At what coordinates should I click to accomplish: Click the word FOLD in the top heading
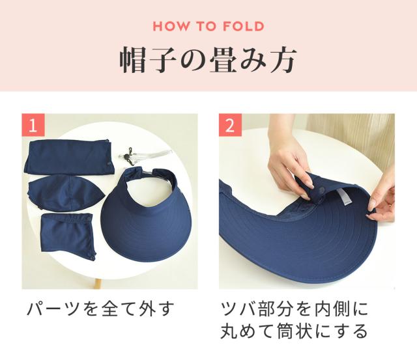243,27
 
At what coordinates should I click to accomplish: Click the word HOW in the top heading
172,27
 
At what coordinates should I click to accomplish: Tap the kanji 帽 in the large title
132,60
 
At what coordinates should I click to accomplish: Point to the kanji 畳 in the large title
223,60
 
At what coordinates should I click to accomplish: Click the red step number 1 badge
33,125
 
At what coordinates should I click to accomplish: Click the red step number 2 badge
230,125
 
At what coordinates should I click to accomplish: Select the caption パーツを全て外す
101,309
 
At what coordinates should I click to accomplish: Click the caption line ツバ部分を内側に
295,309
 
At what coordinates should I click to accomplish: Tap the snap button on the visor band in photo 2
323,189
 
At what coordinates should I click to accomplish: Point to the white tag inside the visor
344,197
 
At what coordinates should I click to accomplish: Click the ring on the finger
389,204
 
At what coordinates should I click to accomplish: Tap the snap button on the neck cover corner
92,258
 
